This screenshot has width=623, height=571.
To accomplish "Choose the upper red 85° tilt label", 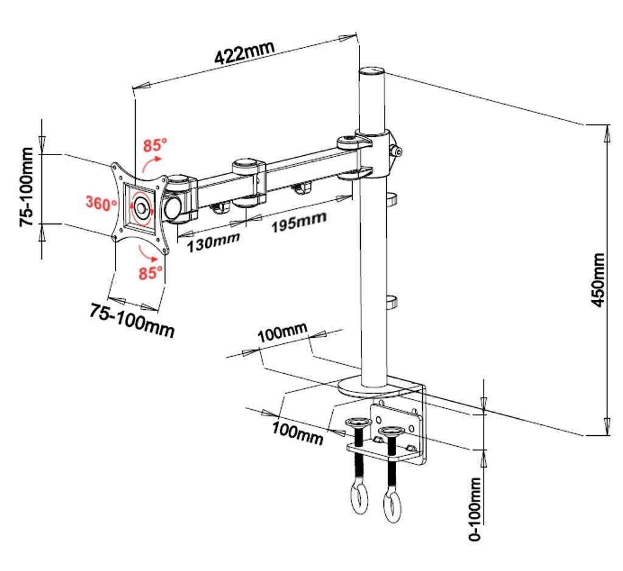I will (x=155, y=146).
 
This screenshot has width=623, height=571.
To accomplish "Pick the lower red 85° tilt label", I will (x=151, y=273).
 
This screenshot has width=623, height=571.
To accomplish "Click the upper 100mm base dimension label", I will (x=282, y=334).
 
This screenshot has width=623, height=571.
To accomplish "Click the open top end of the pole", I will (x=372, y=71).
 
